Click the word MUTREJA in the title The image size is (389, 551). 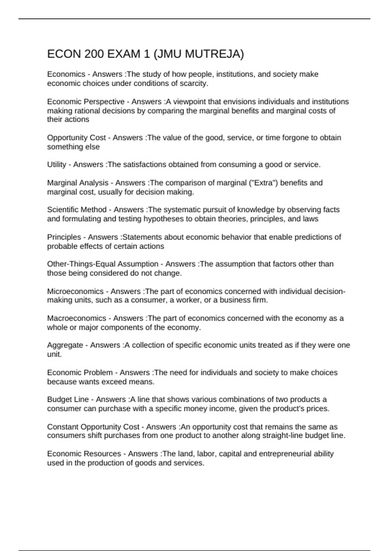[214, 54]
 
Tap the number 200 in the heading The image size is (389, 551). [94, 54]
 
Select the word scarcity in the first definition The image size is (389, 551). [194, 83]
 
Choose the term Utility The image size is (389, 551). [56, 165]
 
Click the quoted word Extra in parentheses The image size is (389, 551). [268, 183]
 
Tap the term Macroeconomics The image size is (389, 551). [77, 318]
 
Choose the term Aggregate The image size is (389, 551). [65, 345]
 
